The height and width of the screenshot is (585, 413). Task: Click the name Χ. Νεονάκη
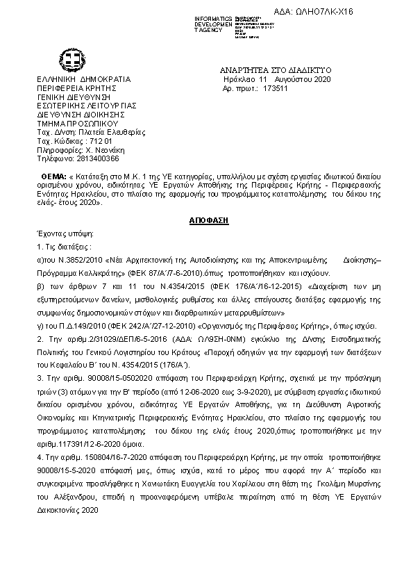pos(106,149)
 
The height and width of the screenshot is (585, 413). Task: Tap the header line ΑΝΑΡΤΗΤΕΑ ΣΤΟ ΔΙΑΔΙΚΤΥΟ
pos(276,70)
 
